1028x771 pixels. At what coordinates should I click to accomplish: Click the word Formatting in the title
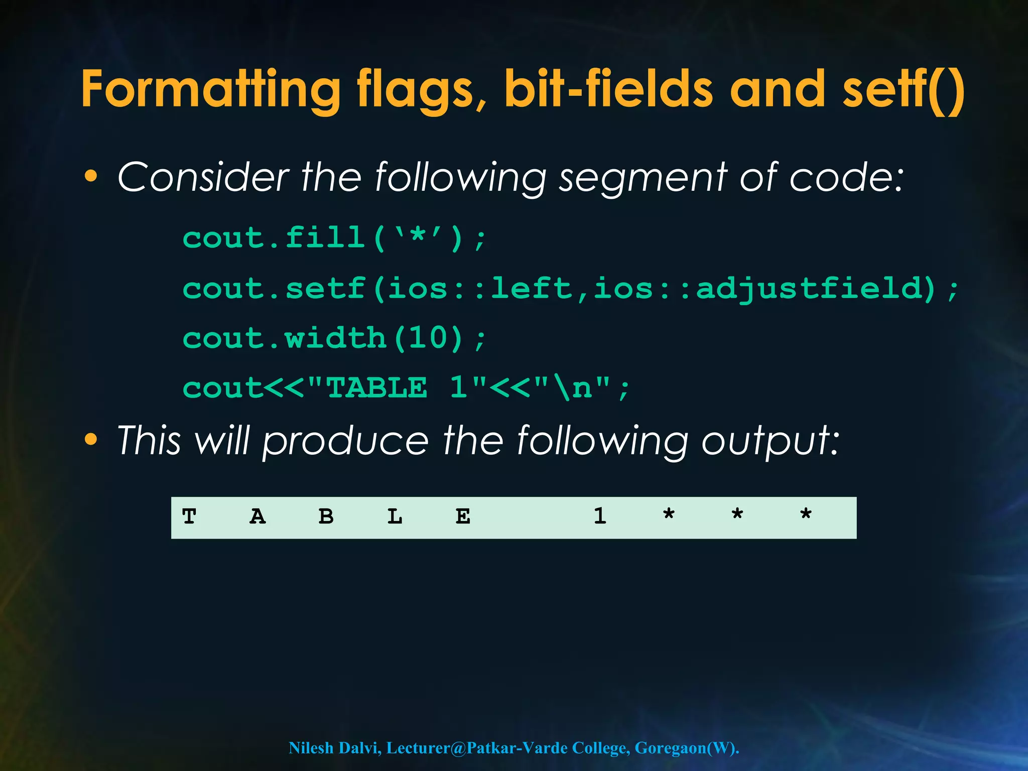pyautogui.click(x=211, y=89)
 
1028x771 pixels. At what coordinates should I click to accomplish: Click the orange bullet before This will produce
pyautogui.click(x=91, y=440)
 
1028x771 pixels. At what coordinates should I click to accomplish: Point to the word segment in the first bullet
pyautogui.click(x=643, y=178)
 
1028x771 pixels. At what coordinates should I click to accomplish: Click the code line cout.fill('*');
pyautogui.click(x=334, y=238)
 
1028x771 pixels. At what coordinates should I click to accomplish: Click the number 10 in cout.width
pyautogui.click(x=427, y=338)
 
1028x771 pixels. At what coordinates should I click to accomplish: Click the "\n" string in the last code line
pyautogui.click(x=572, y=388)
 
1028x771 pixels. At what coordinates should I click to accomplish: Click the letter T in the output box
pyautogui.click(x=189, y=517)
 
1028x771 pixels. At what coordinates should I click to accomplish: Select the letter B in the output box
pyautogui.click(x=326, y=517)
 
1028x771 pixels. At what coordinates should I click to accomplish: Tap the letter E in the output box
pyautogui.click(x=463, y=517)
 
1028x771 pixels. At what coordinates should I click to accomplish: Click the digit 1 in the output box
pyautogui.click(x=600, y=517)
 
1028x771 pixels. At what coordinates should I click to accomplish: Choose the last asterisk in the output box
pyautogui.click(x=806, y=515)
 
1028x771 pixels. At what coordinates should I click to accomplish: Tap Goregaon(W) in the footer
pyautogui.click(x=686, y=748)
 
